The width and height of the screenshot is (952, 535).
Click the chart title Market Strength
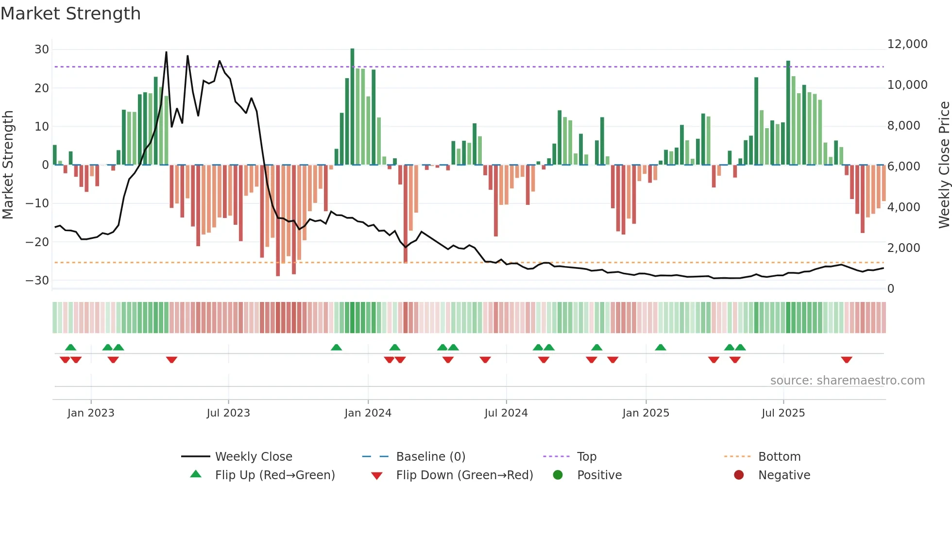coord(71,14)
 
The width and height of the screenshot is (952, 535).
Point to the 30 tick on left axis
coord(42,50)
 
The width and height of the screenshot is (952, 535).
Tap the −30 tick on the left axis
coord(37,281)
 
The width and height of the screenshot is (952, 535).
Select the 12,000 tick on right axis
coord(907,44)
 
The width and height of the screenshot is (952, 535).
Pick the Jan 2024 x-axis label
coord(368,413)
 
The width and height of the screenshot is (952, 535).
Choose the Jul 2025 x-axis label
coord(783,413)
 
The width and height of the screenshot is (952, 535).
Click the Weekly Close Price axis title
coord(944,165)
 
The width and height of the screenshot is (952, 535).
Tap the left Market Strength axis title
coord(8,165)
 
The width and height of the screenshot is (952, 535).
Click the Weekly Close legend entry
coord(254,457)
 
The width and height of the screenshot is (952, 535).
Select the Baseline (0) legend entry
coord(430,457)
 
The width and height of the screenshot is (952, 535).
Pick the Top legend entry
coord(586,457)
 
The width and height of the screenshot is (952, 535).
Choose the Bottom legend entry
coord(779,457)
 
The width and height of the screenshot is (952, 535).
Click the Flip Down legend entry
coord(464,475)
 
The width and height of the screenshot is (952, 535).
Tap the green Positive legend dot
coord(558,475)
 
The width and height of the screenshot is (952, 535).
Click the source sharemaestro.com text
coord(847,381)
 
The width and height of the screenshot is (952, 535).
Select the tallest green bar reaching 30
coord(352,107)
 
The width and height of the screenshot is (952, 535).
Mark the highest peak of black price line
coord(166,52)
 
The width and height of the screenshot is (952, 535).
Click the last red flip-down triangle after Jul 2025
coord(847,360)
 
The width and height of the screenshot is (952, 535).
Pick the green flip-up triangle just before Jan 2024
coord(336,347)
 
